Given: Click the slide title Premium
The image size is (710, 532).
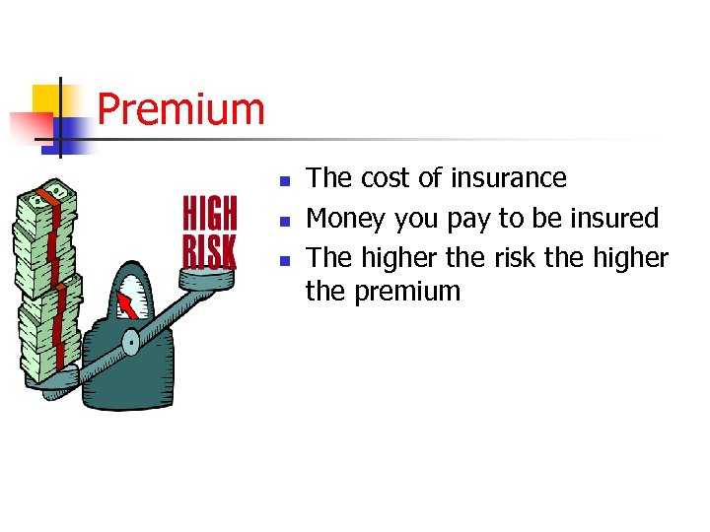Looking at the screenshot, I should [x=181, y=109].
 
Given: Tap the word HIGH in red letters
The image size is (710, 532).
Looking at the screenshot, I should [x=210, y=213].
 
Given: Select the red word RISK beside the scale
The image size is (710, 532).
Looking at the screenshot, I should [x=210, y=250].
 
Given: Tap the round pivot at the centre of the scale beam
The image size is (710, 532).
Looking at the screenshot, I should [x=130, y=341].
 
